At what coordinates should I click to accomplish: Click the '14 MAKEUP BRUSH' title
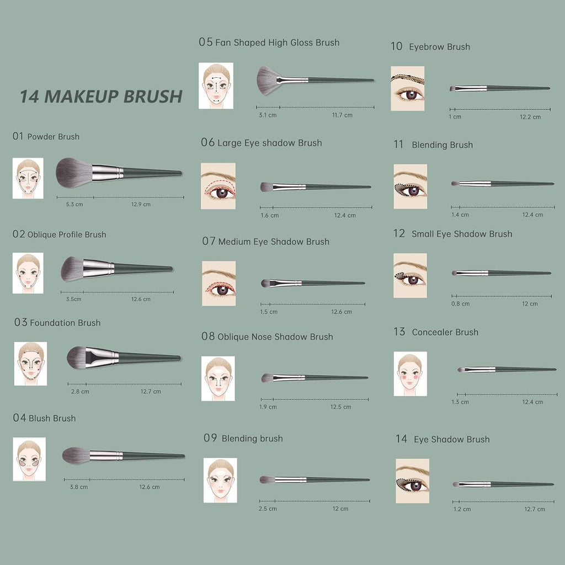click(x=101, y=96)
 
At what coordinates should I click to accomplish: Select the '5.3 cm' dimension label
click(x=74, y=204)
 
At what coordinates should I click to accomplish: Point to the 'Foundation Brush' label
click(x=65, y=323)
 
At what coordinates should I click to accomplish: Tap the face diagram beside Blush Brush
click(x=29, y=459)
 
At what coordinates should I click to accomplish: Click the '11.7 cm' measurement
click(x=342, y=115)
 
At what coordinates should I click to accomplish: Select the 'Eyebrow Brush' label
click(x=439, y=47)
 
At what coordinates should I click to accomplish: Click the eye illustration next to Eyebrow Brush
click(x=407, y=88)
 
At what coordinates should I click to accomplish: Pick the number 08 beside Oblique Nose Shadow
click(x=207, y=337)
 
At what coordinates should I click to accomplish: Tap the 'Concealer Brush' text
click(x=445, y=332)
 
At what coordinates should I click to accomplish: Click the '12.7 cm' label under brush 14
click(x=534, y=509)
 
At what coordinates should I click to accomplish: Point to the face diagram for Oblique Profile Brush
click(x=28, y=273)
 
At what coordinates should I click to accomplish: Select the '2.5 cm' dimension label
click(x=268, y=508)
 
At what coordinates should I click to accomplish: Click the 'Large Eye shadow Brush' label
click(x=269, y=143)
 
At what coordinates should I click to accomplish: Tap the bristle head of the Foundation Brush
click(x=77, y=357)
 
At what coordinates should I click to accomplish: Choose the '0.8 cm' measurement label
click(x=460, y=303)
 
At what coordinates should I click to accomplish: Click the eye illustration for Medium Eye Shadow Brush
click(x=218, y=283)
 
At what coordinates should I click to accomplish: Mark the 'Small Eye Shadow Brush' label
click(x=461, y=234)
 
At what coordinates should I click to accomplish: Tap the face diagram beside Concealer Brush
click(x=410, y=374)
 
